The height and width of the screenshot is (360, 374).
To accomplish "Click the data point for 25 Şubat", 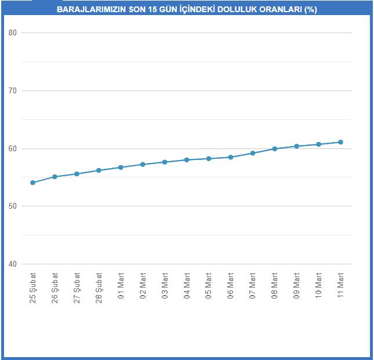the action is tap(32, 183).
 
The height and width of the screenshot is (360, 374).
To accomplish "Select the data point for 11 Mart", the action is tap(340, 142).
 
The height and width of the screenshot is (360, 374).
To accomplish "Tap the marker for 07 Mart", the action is tap(253, 153).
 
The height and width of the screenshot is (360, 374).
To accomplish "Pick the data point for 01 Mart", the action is tap(121, 168).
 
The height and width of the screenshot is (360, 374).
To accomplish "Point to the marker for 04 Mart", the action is tap(187, 160).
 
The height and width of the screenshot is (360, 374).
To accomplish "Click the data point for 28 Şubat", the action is tap(99, 170).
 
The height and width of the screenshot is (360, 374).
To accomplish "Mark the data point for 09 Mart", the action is tap(297, 146).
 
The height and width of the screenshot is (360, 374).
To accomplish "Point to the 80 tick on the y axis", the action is tap(12, 32).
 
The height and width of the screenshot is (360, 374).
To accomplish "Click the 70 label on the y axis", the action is tap(12, 90).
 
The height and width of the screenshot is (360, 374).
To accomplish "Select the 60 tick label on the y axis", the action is tap(12, 148).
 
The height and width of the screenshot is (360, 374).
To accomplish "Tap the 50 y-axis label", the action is tap(12, 206).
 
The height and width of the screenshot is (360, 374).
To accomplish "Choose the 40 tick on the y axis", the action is tap(12, 264).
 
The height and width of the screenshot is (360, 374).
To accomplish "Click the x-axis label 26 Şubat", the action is tap(55, 288).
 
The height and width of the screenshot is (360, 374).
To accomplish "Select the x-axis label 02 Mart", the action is tap(143, 286).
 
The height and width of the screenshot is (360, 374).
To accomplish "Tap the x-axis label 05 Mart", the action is tap(209, 286).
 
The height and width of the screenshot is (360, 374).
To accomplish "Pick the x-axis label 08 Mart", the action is tap(274, 286).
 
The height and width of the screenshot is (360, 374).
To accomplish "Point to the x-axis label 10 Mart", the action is tap(319, 286).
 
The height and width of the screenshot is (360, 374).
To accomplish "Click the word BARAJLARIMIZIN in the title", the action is tap(92, 9).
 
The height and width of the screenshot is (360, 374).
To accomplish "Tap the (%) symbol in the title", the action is tap(311, 9).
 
